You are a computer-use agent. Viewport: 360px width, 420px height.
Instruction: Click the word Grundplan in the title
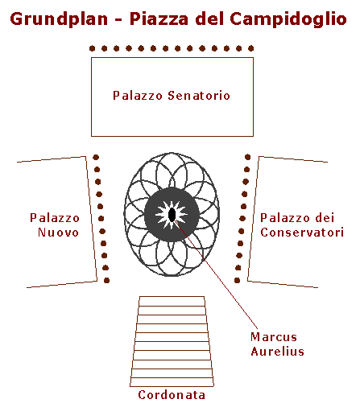[59, 20]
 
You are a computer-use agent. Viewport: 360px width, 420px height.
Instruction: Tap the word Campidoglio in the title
[288, 20]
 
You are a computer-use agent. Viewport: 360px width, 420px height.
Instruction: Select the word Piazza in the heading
[159, 19]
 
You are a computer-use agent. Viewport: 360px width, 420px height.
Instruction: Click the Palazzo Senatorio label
[172, 96]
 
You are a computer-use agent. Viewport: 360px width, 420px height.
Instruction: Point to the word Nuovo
[58, 233]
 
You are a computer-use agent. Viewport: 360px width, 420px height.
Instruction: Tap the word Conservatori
[302, 233]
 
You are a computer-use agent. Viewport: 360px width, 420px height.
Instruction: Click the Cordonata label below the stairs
[172, 395]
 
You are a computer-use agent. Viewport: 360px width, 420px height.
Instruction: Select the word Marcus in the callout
[274, 337]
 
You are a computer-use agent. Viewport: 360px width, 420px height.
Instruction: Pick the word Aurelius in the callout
[277, 352]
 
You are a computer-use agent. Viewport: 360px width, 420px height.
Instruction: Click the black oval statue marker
[172, 215]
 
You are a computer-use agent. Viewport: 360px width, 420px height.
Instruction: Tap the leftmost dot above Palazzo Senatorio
[92, 48]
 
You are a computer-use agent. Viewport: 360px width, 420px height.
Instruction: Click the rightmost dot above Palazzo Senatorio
[251, 48]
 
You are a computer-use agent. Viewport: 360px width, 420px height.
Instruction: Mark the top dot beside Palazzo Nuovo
[96, 157]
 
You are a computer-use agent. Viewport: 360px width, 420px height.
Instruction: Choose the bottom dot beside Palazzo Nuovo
[106, 281]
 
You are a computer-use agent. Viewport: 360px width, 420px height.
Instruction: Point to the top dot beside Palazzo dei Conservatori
[247, 157]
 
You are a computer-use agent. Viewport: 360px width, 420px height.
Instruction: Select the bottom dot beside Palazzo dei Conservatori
[237, 281]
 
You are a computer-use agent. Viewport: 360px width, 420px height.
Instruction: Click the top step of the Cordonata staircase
[172, 301]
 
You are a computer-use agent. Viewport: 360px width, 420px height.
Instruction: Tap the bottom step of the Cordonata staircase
[172, 382]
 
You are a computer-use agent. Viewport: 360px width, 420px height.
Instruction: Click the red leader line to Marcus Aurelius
[216, 274]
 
